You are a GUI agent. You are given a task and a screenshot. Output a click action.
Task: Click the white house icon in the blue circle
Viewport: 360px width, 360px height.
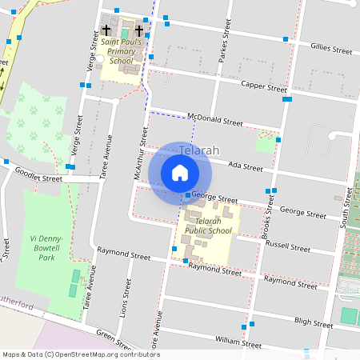click(180, 173)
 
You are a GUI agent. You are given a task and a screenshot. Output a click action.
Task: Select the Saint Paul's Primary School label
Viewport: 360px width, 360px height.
click(121, 51)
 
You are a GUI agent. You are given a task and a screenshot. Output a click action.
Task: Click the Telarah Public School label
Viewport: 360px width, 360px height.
click(207, 226)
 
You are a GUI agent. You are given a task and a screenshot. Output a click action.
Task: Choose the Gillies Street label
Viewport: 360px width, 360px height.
click(331, 50)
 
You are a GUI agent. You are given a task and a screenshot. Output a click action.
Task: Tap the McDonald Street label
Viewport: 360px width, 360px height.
click(214, 122)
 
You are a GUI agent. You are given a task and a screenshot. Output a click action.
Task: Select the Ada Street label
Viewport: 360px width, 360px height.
click(246, 167)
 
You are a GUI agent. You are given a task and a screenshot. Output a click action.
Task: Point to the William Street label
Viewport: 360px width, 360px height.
click(238, 344)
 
